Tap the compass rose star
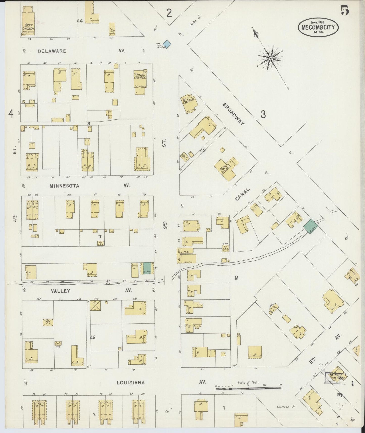click(x=270, y=58)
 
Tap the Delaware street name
click(x=52, y=51)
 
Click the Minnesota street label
click(x=64, y=186)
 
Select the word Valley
click(x=60, y=291)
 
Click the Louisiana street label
click(x=131, y=383)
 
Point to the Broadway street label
click(x=233, y=114)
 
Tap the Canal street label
click(x=242, y=194)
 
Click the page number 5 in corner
click(x=345, y=10)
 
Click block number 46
click(x=93, y=337)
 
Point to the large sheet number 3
click(x=263, y=115)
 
